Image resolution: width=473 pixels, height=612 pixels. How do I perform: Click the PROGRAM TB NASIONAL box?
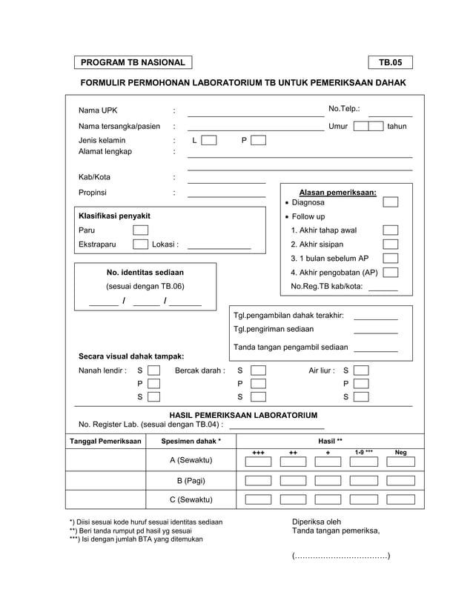[133, 63]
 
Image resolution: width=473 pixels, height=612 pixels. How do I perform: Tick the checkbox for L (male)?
[209, 140]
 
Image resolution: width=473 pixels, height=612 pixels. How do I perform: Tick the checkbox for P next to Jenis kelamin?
[257, 140]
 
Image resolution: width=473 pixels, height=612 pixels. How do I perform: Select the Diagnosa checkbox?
[390, 202]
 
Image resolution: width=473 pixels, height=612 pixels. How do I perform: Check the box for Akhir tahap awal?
[390, 230]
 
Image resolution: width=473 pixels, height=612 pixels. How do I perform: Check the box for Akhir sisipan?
[390, 245]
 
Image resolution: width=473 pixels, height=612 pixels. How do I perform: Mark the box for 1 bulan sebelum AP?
[390, 259]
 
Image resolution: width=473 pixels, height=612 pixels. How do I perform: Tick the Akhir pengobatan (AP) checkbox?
[390, 273]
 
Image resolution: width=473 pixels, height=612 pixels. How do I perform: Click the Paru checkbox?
[140, 230]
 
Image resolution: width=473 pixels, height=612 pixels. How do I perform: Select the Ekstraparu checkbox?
[140, 245]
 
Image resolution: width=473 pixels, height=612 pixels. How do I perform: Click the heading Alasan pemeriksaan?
[337, 192]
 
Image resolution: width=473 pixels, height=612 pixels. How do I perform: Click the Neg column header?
[400, 452]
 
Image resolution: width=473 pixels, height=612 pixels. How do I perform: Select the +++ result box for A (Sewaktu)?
[258, 460]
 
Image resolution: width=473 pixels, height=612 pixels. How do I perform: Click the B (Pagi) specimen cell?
[190, 480]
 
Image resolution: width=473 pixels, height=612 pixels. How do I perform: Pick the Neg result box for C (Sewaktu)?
[401, 499]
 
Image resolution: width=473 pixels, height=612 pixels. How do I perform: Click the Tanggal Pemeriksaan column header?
[105, 442]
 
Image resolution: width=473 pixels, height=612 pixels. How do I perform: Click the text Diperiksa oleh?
[317, 522]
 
